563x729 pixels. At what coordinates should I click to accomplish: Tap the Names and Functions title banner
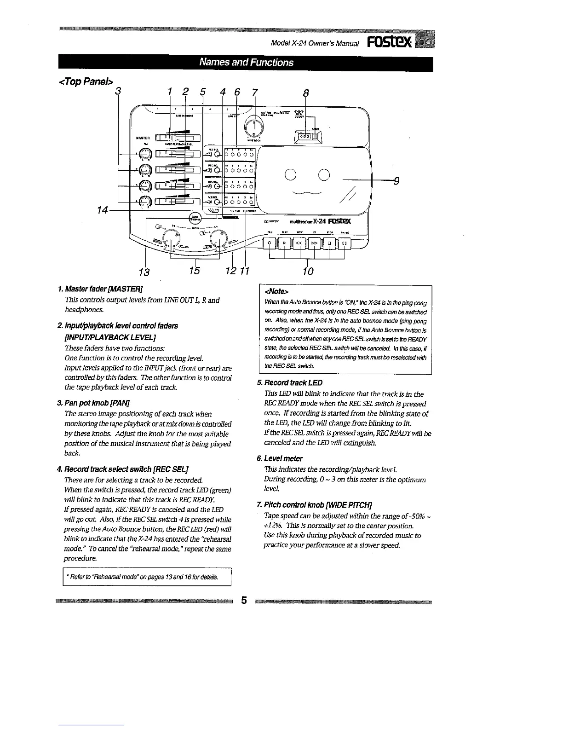coord(246,63)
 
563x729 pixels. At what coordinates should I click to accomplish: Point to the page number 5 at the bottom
coord(244,601)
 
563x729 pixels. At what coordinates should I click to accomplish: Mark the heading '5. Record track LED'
coord(290,383)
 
